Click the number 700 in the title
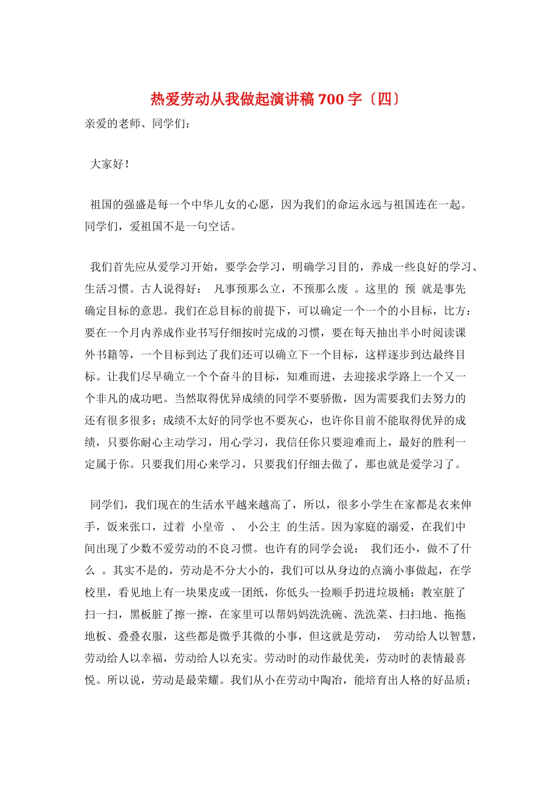click(331, 99)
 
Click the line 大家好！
click(110, 164)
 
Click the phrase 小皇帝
click(209, 527)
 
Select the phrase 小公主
click(264, 527)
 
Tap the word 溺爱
click(399, 527)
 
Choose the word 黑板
click(141, 615)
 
